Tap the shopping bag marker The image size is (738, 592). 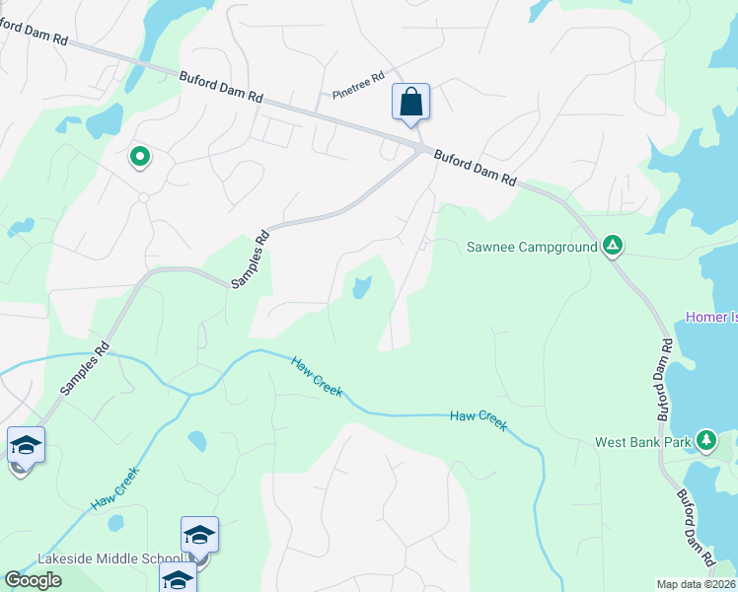pos(410,103)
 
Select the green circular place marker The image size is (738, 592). pos(140,155)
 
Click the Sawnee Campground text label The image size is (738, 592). pos(532,246)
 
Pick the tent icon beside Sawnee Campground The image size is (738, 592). pos(613,245)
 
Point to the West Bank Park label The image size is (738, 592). pos(642,442)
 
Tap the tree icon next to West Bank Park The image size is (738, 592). pos(706,440)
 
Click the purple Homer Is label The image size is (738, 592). pos(711,317)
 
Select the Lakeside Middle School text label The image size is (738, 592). pos(109,558)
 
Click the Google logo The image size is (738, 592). pos(33,580)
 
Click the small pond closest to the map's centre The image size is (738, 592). pos(360,287)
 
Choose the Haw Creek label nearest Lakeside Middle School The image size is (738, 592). pos(115,488)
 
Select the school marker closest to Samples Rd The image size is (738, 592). pos(26,445)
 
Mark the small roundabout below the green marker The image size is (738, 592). pos(143,197)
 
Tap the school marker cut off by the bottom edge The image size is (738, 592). pos(178,580)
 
